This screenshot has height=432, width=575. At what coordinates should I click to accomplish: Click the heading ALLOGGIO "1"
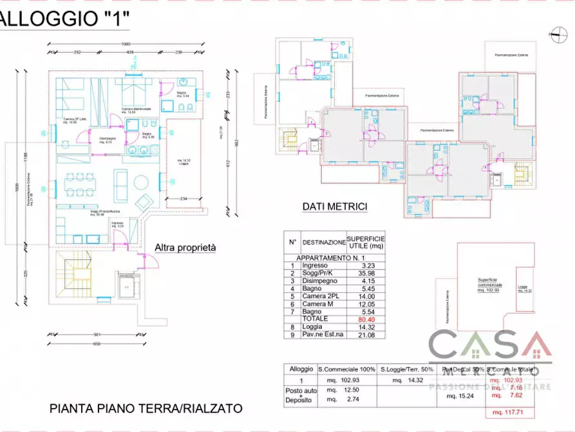coord(64,19)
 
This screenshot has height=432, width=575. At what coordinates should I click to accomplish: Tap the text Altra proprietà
coord(185,248)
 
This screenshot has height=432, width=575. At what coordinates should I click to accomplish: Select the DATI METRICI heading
coord(335,207)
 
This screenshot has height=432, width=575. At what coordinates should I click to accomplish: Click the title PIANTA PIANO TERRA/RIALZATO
coord(146,408)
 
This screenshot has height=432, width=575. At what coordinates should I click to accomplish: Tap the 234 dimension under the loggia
coord(184,199)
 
